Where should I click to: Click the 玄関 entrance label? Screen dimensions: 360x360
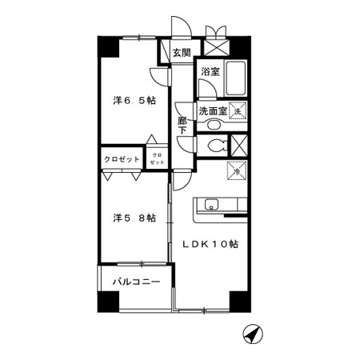click(182, 54)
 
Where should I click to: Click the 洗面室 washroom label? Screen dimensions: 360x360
click(213, 110)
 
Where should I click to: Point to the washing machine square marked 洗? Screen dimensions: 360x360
click(238, 111)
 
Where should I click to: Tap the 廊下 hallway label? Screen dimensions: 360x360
click(182, 127)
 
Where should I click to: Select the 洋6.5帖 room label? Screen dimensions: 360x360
click(134, 101)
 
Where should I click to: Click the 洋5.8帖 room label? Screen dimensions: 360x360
click(134, 217)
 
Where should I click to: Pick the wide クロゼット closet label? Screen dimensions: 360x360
click(122, 159)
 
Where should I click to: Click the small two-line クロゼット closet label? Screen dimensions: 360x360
click(155, 158)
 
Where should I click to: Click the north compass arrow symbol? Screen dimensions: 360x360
click(253, 334)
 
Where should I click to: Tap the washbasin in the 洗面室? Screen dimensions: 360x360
click(213, 125)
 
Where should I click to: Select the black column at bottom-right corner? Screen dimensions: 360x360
click(238, 301)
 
